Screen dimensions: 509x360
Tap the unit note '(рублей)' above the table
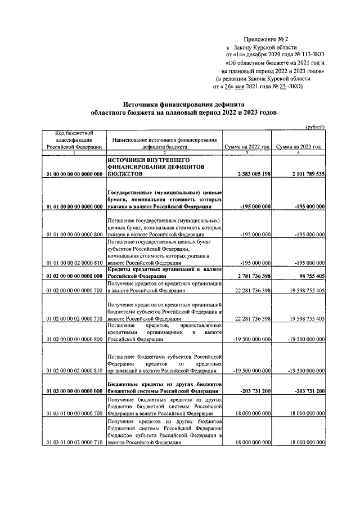click(314, 127)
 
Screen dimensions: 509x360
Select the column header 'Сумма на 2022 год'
click(247, 146)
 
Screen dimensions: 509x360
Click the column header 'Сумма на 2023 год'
click(299, 146)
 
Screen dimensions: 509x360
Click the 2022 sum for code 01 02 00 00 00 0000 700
click(247, 291)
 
